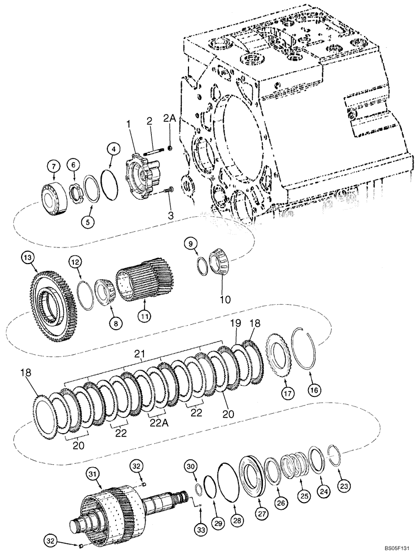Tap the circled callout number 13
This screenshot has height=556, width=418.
tap(28, 257)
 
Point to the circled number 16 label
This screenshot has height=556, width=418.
tap(315, 391)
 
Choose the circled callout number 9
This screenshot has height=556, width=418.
tap(191, 243)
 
